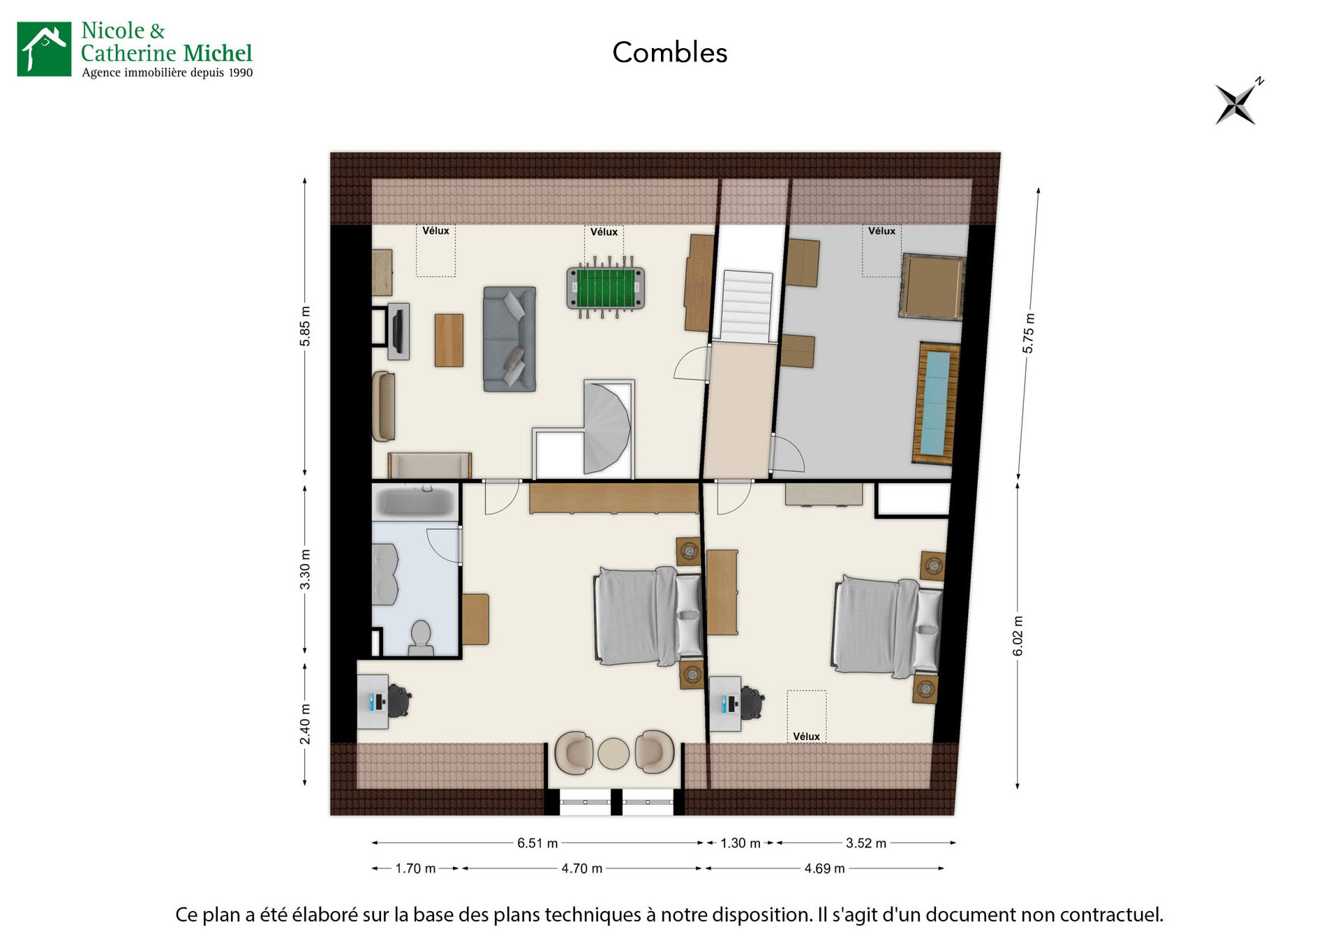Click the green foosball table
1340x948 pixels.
(604, 288)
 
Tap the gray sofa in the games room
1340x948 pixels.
(509, 339)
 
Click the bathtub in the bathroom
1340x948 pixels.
(415, 502)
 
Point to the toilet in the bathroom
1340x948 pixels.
(421, 637)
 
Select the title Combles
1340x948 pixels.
(669, 53)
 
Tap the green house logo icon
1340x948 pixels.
(44, 49)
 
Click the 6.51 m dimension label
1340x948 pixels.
(537, 843)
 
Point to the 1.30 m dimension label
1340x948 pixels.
(740, 843)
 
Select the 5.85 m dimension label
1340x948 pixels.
(305, 326)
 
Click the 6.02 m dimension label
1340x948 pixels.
(1018, 636)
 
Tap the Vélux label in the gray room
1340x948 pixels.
(881, 231)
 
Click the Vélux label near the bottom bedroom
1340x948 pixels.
(806, 736)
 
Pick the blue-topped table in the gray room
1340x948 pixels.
(935, 403)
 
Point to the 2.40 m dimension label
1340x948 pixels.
(305, 723)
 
